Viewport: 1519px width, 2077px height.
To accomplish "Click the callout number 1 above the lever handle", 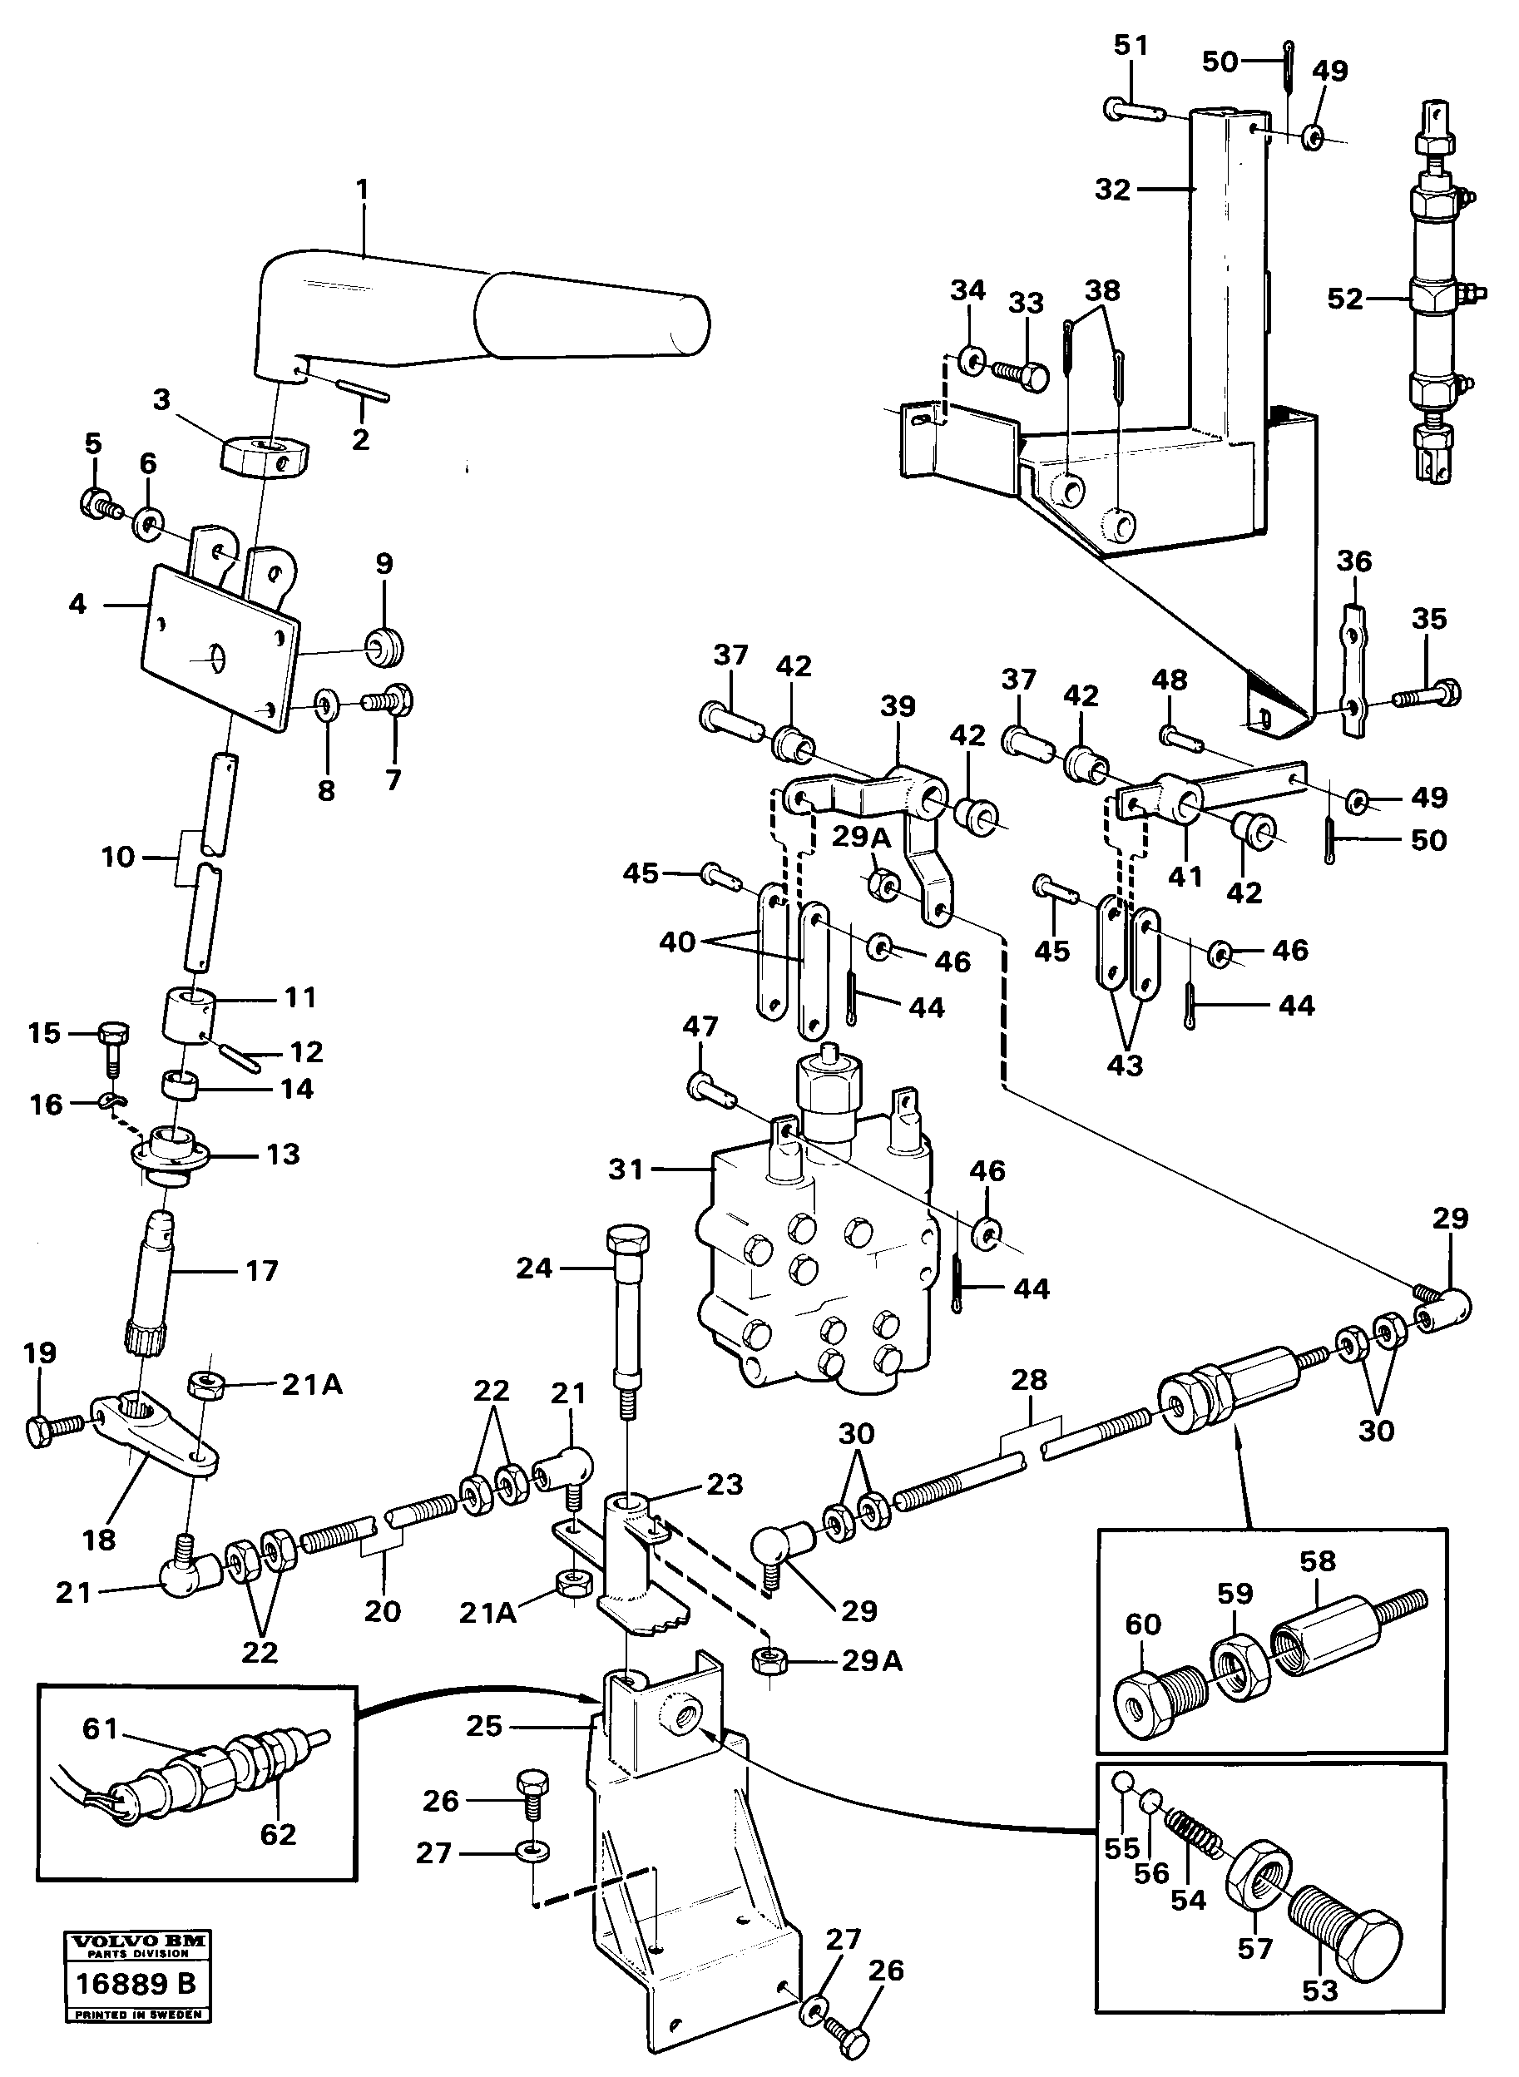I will click(361, 190).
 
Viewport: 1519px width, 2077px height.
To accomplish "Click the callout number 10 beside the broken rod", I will click(117, 857).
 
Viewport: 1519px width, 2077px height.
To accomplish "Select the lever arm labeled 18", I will click(151, 1434).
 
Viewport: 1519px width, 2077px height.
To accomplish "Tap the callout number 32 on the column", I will click(1111, 190).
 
